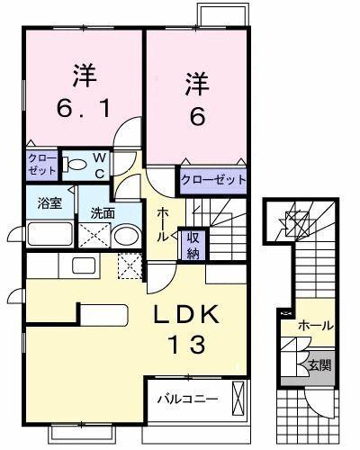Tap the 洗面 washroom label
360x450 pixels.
point(102,214)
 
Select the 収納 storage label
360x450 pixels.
point(192,245)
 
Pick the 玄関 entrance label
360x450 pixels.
point(319,365)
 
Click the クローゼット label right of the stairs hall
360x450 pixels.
point(212,180)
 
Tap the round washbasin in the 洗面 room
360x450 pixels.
point(125,237)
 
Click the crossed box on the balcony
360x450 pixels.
point(238,396)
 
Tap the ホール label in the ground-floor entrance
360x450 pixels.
point(315,326)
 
